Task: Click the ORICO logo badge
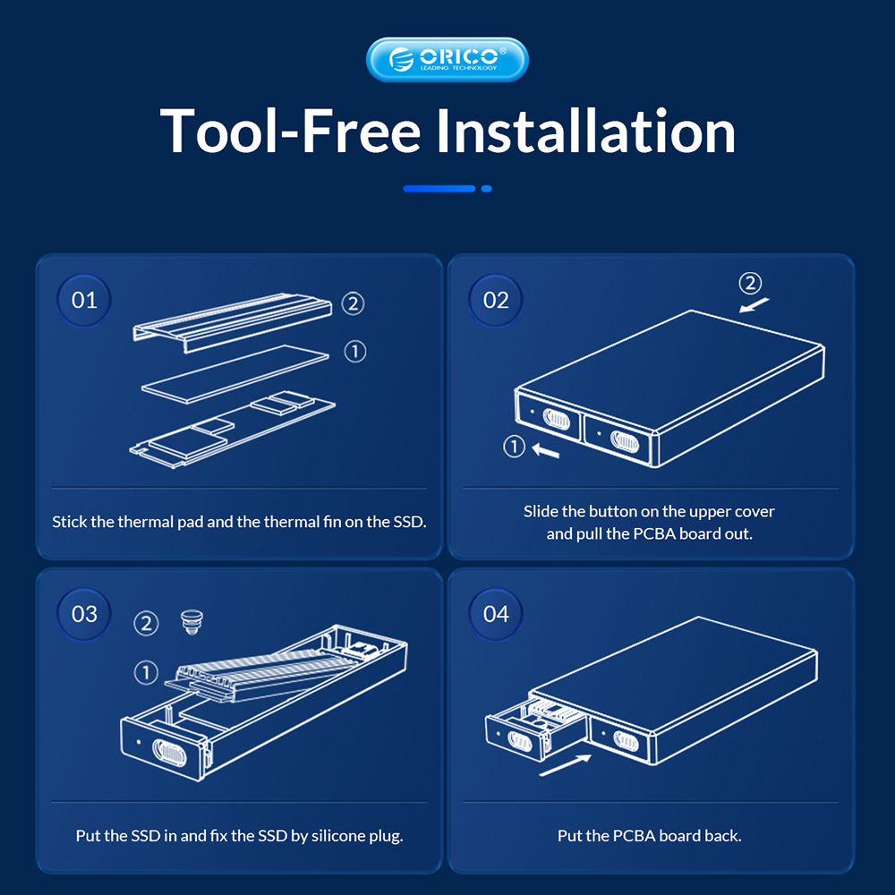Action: tap(447, 59)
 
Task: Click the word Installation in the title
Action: tap(585, 132)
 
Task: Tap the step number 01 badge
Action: tap(84, 300)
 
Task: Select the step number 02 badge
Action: tap(496, 300)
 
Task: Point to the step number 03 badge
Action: tap(84, 614)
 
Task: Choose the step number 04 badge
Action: tap(496, 614)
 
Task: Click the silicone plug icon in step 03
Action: tap(192, 622)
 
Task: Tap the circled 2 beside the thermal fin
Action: tap(353, 303)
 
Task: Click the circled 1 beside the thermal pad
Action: tap(355, 352)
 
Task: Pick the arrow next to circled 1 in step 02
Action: tap(546, 451)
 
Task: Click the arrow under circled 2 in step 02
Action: tap(754, 305)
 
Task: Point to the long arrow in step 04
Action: tap(565, 765)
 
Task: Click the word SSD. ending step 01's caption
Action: tap(410, 522)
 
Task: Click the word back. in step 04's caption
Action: tap(723, 836)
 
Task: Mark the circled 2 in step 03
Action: tap(146, 623)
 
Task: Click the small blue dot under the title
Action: tap(486, 188)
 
